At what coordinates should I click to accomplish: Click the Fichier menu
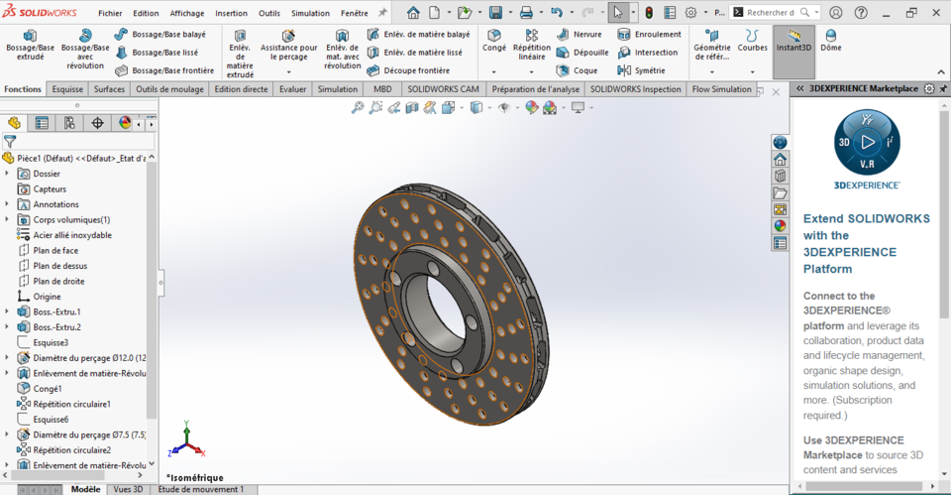coord(110,14)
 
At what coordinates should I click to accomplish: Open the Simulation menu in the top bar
coord(311,14)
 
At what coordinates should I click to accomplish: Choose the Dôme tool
coord(831,40)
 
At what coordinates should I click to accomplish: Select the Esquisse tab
coord(67,89)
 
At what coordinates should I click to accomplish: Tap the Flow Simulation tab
coord(721,89)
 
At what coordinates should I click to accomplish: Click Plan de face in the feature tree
coord(55,250)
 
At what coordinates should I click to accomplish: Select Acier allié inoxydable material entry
coord(71,235)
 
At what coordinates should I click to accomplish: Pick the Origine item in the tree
coord(47,297)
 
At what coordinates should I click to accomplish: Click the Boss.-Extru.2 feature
coord(56,327)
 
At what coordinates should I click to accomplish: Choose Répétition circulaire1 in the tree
coord(71,404)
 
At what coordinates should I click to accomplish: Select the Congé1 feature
coord(48,389)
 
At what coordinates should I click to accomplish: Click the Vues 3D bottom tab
coord(128,489)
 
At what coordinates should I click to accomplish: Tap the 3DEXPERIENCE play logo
coord(867,142)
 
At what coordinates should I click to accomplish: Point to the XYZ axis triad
coord(186,441)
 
